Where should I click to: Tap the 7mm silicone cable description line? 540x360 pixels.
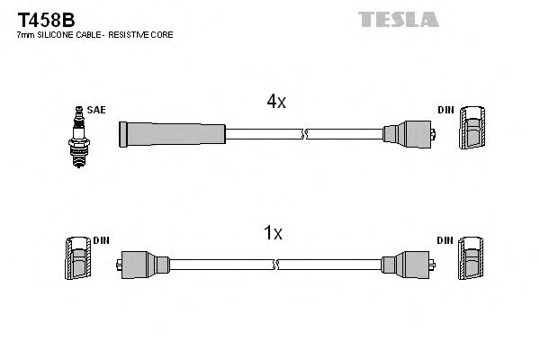94,34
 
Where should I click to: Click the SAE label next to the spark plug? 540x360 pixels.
97,110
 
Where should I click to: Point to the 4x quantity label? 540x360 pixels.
275,102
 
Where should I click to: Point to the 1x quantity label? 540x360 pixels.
273,233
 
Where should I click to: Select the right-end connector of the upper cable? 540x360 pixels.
409,135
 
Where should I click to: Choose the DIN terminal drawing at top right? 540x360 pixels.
473,131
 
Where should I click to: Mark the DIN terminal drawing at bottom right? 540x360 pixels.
473,260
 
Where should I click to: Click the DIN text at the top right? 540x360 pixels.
445,110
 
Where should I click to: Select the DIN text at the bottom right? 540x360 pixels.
445,240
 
